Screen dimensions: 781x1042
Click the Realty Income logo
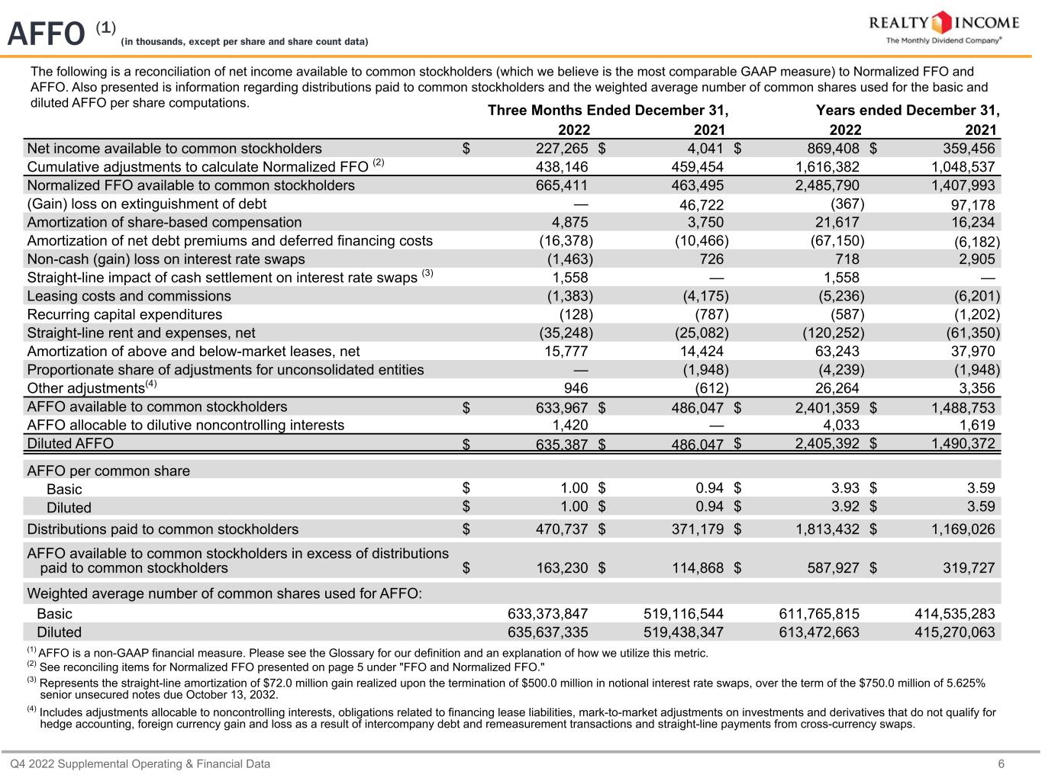click(944, 28)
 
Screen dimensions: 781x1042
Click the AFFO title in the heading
click(45, 34)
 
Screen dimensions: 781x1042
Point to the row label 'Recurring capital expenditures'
click(124, 314)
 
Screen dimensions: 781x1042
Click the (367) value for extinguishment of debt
click(847, 204)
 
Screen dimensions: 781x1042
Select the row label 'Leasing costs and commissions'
click(129, 296)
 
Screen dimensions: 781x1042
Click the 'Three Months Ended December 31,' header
click(608, 111)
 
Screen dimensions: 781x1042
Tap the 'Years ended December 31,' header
click(908, 111)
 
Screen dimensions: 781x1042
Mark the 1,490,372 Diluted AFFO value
click(963, 443)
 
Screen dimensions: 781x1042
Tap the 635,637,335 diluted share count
click(547, 632)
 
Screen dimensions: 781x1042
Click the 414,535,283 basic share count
click(954, 613)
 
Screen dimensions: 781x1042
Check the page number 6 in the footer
click(1001, 763)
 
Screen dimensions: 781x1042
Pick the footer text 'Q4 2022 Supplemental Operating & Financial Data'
click(140, 763)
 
